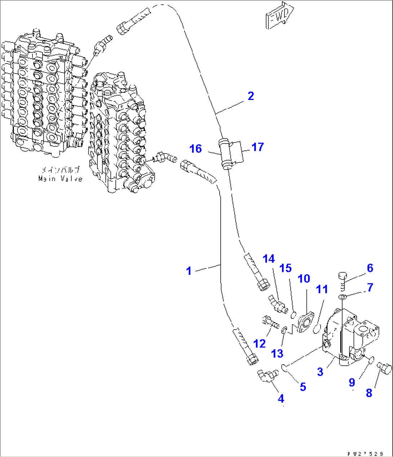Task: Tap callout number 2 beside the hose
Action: pos(251,96)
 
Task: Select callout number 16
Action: pos(196,149)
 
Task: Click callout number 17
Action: pos(258,147)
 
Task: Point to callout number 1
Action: pos(189,271)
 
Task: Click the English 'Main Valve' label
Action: pos(60,179)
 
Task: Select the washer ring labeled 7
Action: pos(341,296)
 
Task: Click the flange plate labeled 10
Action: pos(305,322)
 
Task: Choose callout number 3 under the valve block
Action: pos(320,372)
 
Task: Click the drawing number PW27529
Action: pos(367,453)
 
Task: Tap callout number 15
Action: pos(286,268)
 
